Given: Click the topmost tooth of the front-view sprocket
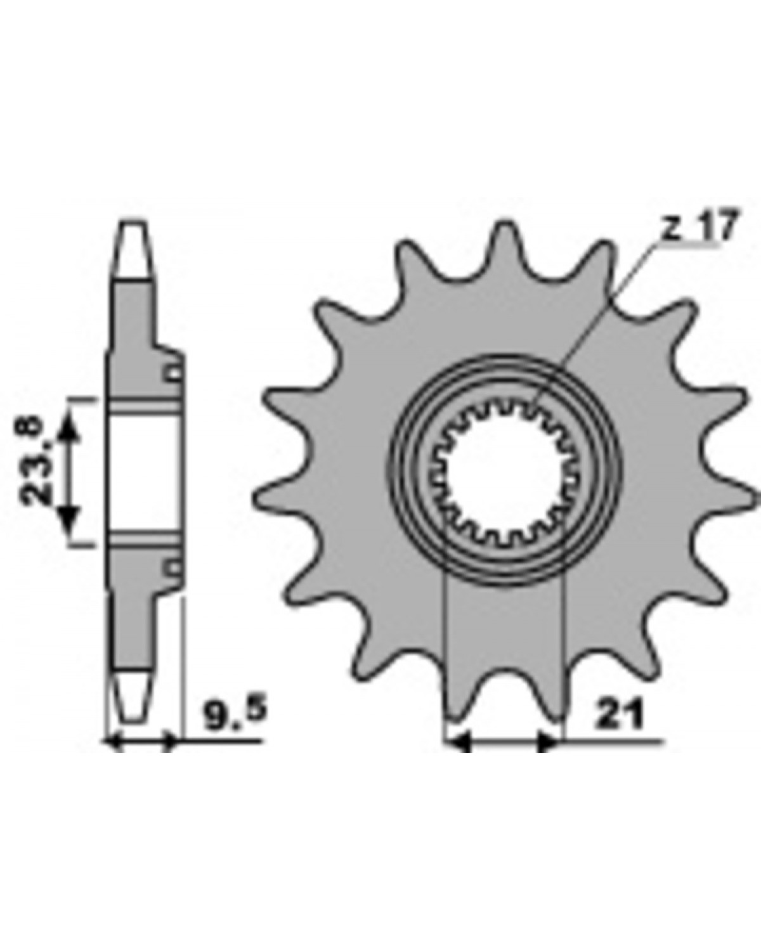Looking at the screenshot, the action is [505, 247].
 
